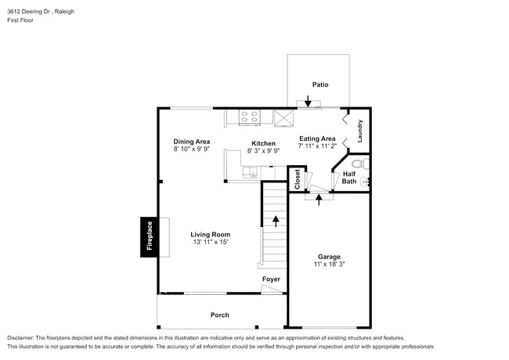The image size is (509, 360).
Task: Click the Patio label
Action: (319, 84)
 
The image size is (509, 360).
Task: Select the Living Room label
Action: (211, 234)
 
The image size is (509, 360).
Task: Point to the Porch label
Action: (219, 315)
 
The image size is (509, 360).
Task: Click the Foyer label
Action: (271, 278)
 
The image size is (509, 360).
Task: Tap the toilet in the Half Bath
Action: (359, 164)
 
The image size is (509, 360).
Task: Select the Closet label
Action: (297, 179)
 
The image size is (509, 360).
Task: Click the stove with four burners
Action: (249, 117)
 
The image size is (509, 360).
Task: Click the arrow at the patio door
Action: (309, 101)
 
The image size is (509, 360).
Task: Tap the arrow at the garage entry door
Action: (319, 197)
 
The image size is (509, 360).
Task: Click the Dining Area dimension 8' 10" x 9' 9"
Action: (192, 149)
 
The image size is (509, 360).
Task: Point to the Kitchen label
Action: (263, 143)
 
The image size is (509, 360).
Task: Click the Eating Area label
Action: (317, 139)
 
